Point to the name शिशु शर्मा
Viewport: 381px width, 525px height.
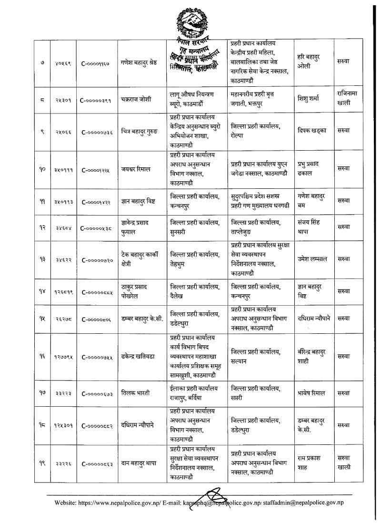pos(311,100)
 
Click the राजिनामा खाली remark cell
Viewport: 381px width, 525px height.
pos(350,100)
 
